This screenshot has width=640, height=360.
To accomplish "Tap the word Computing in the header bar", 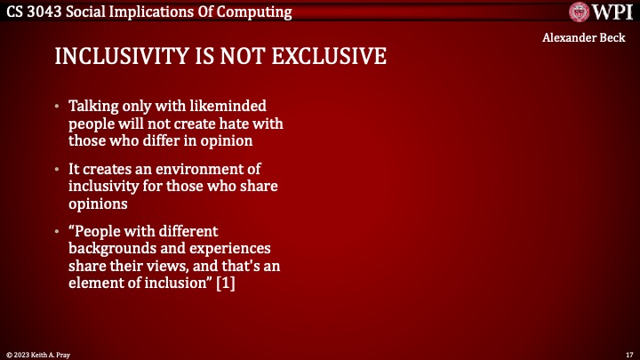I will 258,12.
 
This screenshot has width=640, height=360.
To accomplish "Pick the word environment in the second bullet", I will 204,169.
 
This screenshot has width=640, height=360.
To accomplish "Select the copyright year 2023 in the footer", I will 21,354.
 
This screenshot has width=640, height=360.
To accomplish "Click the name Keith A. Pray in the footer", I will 52,354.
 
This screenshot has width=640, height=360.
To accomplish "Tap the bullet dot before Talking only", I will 58,107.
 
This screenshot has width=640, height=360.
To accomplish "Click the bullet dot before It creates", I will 58,169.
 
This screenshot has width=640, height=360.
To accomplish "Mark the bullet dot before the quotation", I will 58,231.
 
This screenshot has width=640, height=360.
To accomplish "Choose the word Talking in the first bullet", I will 93,107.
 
